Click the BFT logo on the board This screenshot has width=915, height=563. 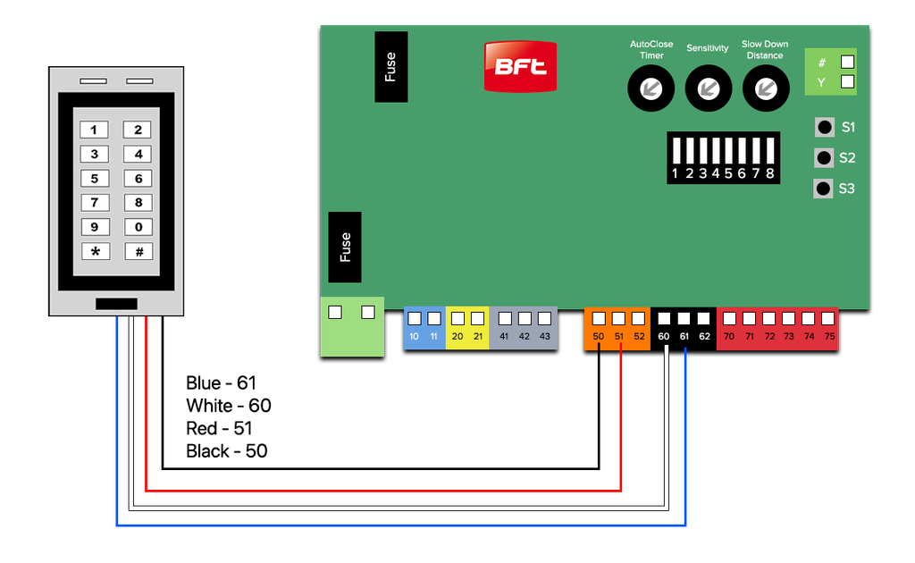pyautogui.click(x=520, y=66)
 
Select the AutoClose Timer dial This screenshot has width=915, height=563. pyautogui.click(x=651, y=88)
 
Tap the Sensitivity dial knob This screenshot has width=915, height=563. pyautogui.click(x=708, y=88)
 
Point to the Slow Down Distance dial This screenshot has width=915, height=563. pyautogui.click(x=765, y=88)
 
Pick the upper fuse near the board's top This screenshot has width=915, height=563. pyautogui.click(x=390, y=67)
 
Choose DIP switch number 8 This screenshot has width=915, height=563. pyautogui.click(x=769, y=152)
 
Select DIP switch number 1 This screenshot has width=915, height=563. pyautogui.click(x=676, y=152)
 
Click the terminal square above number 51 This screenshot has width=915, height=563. pyautogui.click(x=618, y=318)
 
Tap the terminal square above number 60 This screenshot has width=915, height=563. pyautogui.click(x=664, y=318)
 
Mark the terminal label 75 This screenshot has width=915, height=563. pyautogui.click(x=829, y=337)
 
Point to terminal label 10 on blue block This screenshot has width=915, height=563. pyautogui.click(x=414, y=337)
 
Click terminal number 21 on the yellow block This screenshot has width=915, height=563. pyautogui.click(x=477, y=337)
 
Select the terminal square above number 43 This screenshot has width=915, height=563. pyautogui.click(x=544, y=318)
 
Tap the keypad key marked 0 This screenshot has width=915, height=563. pyautogui.click(x=139, y=227)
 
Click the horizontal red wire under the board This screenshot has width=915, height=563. pyautogui.click(x=384, y=492)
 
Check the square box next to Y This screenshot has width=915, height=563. pyautogui.click(x=847, y=82)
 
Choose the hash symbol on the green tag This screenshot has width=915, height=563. pyautogui.click(x=822, y=63)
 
